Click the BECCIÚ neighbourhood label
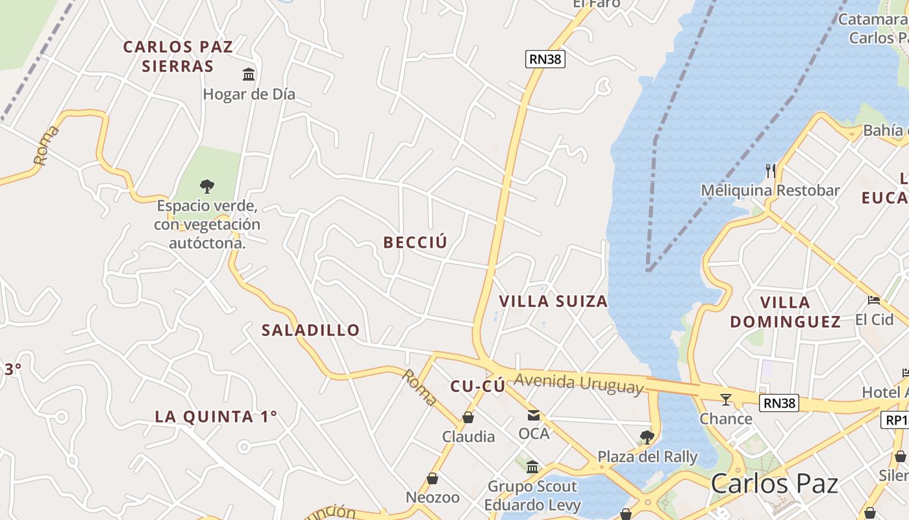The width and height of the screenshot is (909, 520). [416, 242]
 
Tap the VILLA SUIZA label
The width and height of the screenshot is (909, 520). [553, 302]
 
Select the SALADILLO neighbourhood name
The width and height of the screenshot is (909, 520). [310, 330]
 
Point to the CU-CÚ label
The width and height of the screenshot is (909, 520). [478, 387]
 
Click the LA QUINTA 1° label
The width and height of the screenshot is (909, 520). [216, 417]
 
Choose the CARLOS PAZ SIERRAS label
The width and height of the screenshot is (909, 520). [178, 57]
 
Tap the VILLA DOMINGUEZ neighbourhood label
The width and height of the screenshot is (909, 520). [786, 312]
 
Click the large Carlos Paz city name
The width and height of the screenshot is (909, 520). [774, 484]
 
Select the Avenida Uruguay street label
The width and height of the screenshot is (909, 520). [579, 383]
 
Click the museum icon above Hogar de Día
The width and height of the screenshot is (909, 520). [249, 74]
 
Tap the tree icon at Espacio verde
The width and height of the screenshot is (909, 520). [207, 187]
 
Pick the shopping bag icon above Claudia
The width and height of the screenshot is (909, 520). [468, 417]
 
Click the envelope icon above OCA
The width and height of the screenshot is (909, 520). [534, 415]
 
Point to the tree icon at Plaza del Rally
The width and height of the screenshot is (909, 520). [647, 437]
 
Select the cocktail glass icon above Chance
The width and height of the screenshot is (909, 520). [726, 399]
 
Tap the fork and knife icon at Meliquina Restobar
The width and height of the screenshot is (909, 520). [771, 171]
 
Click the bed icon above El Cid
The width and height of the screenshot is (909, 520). [874, 300]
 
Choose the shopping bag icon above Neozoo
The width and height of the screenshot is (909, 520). [432, 479]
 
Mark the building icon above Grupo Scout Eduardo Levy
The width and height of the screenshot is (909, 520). [532, 467]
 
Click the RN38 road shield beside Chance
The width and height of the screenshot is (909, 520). [780, 403]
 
